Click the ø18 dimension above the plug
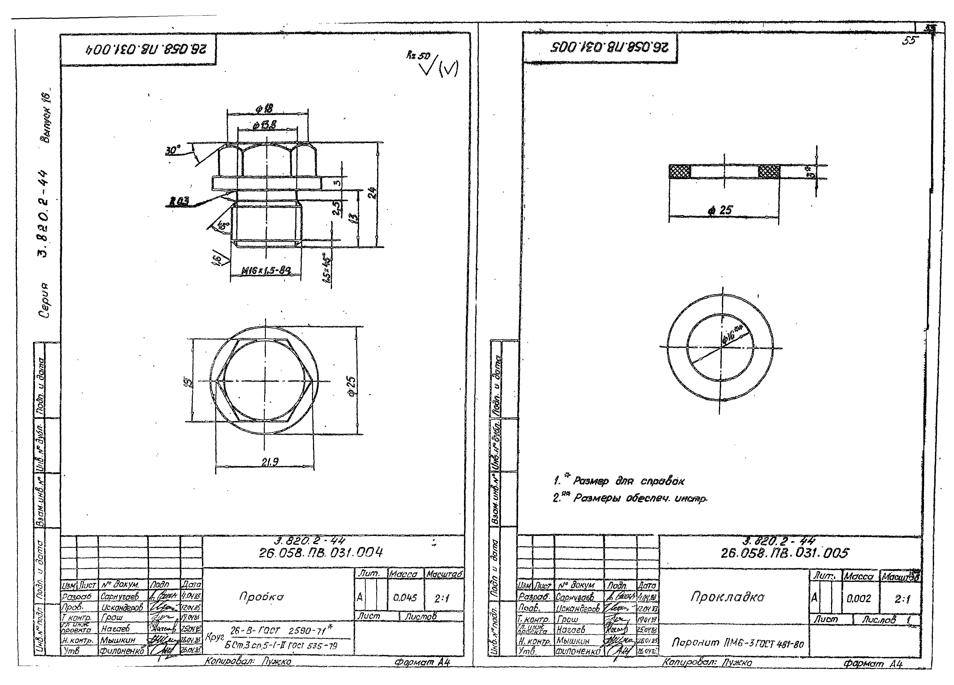point(264,109)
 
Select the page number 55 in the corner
point(909,41)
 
